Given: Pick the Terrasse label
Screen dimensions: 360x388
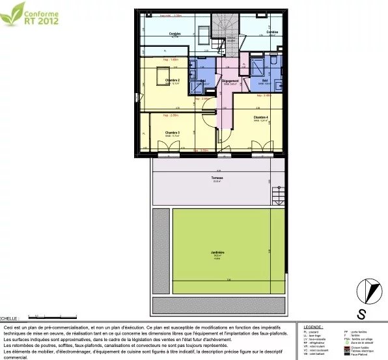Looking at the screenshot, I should pyautogui.click(x=217, y=178).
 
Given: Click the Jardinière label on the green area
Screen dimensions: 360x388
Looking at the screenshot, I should pyautogui.click(x=217, y=253).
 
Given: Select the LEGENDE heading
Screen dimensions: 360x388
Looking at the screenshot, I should pyautogui.click(x=313, y=327).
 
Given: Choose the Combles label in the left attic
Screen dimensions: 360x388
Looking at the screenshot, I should pyautogui.click(x=174, y=33).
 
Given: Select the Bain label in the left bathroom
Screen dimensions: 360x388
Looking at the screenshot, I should pyautogui.click(x=203, y=81).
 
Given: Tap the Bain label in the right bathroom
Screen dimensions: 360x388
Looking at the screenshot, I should pyautogui.click(x=265, y=81).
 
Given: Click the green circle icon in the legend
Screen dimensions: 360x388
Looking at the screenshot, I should pyautogui.click(x=347, y=342).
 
